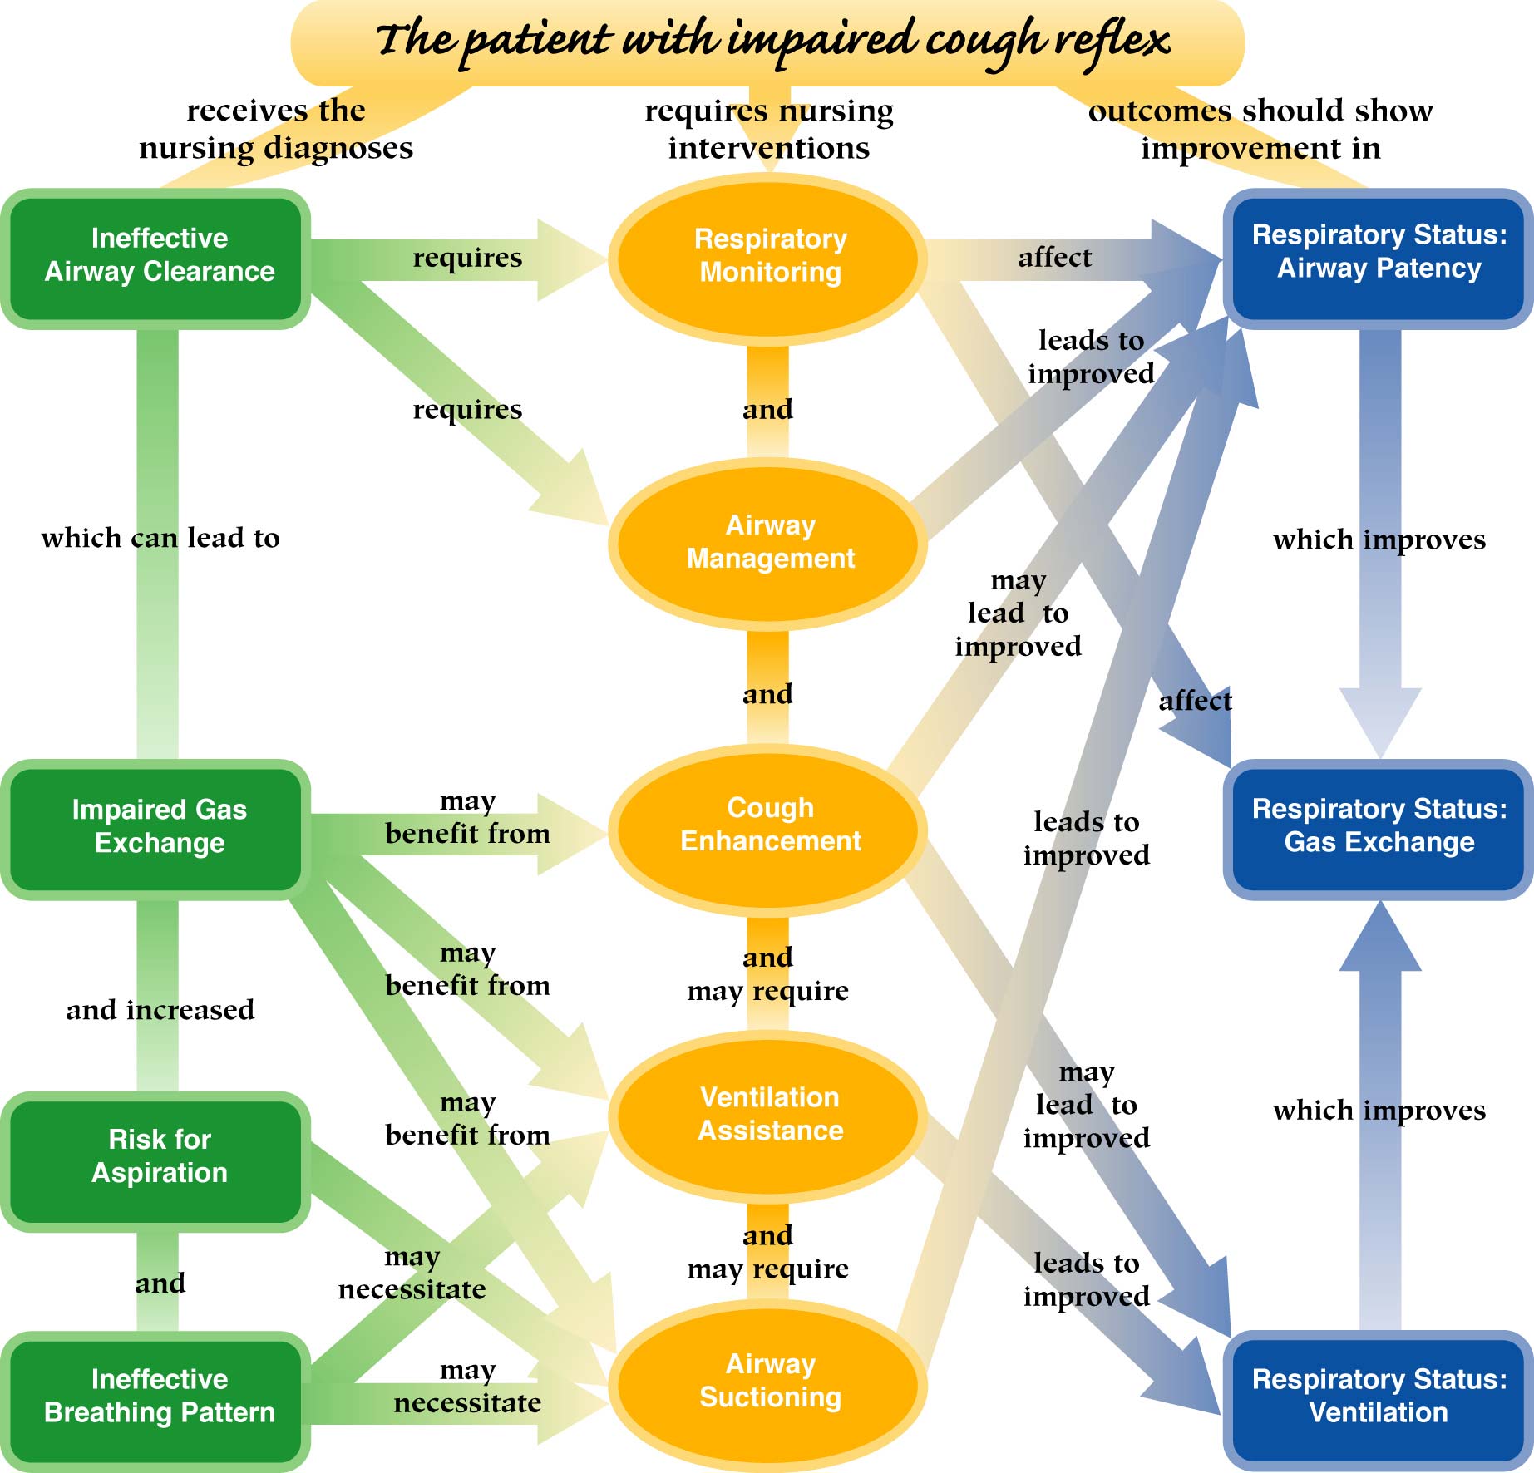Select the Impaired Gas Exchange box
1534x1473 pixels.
(159, 826)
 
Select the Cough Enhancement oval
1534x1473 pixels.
(770, 825)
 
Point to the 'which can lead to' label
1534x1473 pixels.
(160, 538)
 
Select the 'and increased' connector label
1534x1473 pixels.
(160, 1010)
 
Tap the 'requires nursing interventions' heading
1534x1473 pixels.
(769, 129)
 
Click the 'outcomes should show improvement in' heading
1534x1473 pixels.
(1260, 129)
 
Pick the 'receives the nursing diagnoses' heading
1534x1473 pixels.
(275, 129)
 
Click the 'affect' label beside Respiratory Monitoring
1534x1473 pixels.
(1054, 258)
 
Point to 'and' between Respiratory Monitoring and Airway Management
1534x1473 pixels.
(767, 409)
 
